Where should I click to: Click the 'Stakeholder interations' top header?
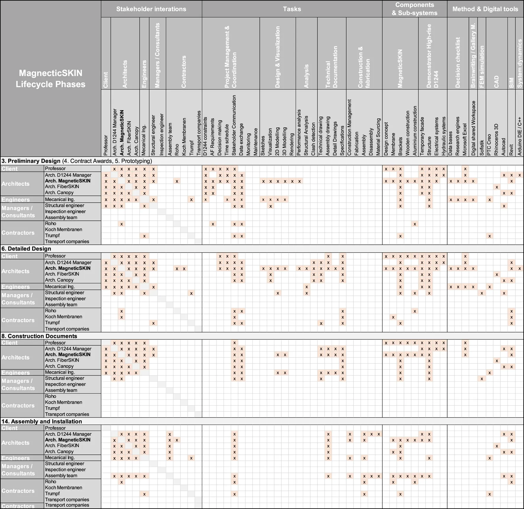[151, 9]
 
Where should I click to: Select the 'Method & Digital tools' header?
[485, 9]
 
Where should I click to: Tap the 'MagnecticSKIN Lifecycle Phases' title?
[51, 78]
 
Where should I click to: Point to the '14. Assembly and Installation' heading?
[42, 421]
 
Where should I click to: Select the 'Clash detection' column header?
[313, 139]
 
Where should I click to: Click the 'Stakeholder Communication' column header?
[234, 125]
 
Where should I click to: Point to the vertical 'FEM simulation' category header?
[482, 67]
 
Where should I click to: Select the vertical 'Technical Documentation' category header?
[331, 67]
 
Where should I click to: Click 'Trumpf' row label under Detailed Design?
[52, 323]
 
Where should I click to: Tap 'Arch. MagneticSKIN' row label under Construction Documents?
[68, 354]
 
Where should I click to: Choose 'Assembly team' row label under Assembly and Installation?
[61, 476]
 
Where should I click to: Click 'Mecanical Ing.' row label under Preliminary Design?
[60, 199]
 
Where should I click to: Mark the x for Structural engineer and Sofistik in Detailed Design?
[482, 293]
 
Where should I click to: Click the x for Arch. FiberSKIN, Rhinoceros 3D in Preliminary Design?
[497, 187]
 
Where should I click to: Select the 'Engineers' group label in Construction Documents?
[15, 373]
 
